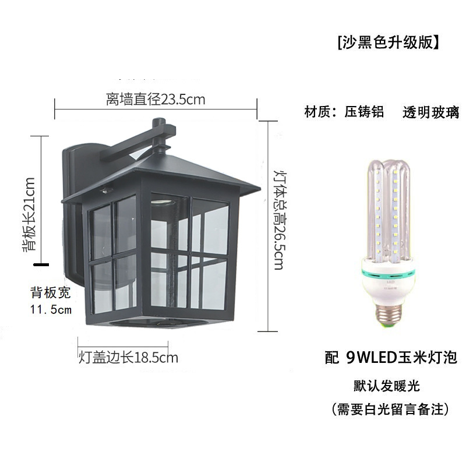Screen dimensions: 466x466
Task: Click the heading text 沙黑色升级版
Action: (x=387, y=43)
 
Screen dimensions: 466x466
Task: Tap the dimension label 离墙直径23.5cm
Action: (x=156, y=99)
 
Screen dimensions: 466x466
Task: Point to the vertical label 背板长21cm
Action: (x=30, y=214)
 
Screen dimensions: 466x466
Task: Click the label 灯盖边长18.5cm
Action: (x=128, y=357)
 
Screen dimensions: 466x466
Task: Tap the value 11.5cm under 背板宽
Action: (x=51, y=309)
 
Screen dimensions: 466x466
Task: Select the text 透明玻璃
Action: (x=430, y=112)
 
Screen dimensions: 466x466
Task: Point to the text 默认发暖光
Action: (x=386, y=386)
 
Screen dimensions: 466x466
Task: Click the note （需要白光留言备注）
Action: (x=390, y=409)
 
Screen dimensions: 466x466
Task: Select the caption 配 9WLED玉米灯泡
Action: (x=390, y=358)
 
